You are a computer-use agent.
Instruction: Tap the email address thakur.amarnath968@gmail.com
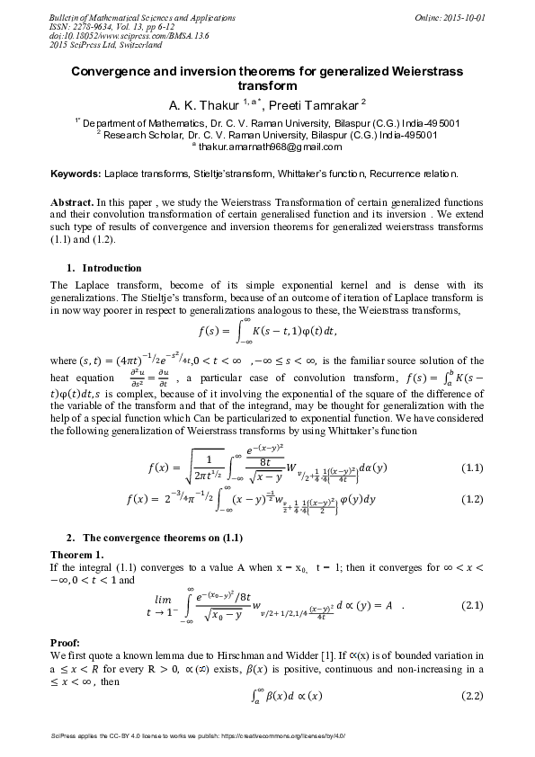tap(270, 147)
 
